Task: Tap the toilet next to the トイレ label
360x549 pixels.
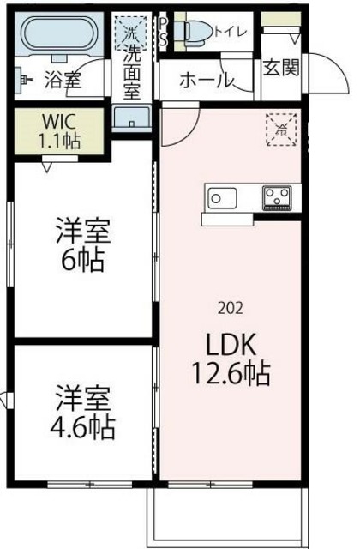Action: point(196,32)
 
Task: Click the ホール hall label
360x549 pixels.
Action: point(207,81)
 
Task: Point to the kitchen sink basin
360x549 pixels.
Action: point(225,199)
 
